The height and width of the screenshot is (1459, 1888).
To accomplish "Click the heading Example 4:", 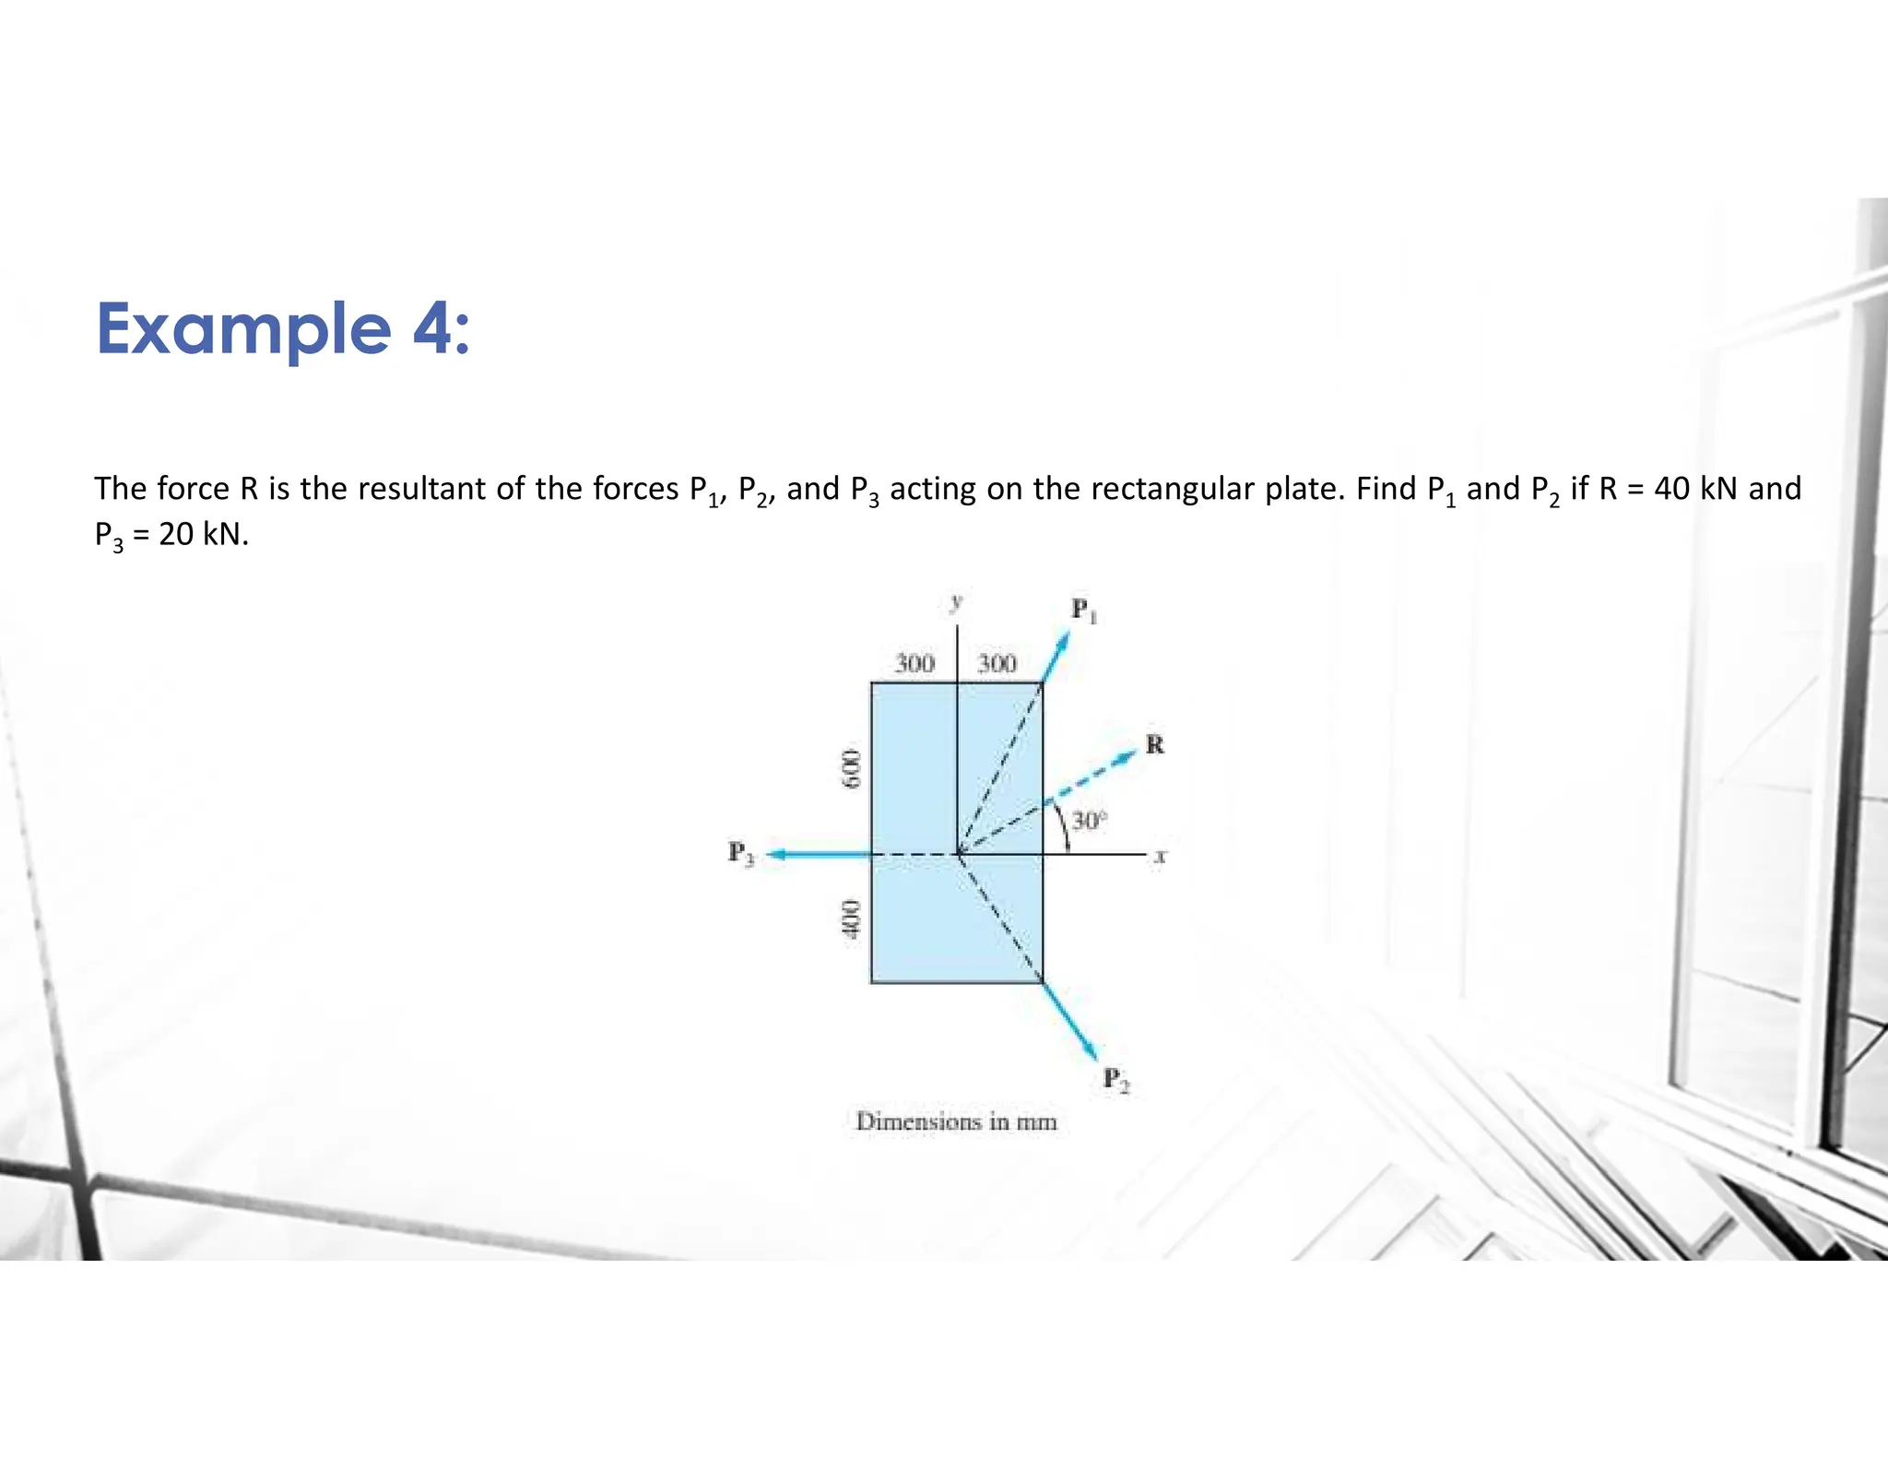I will click(x=283, y=329).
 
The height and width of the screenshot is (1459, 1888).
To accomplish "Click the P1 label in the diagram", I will click(x=1083, y=611).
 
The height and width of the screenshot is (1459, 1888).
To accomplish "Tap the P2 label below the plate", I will click(x=1115, y=1079).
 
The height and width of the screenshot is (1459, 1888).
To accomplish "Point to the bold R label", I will click(x=1155, y=744).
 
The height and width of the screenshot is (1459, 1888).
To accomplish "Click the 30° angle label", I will click(x=1089, y=820).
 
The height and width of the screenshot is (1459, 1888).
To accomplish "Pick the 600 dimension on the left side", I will click(x=853, y=767).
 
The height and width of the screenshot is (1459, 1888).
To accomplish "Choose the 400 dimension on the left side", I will click(x=853, y=919).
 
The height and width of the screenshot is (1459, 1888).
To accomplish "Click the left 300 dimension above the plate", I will click(x=914, y=663).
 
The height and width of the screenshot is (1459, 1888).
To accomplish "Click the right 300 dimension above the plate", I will click(x=997, y=663).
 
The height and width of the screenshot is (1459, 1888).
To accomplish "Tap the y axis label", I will click(x=957, y=602).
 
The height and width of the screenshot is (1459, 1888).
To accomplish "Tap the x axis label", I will click(x=1161, y=857).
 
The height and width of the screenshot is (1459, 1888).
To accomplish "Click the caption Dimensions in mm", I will click(x=956, y=1121).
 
